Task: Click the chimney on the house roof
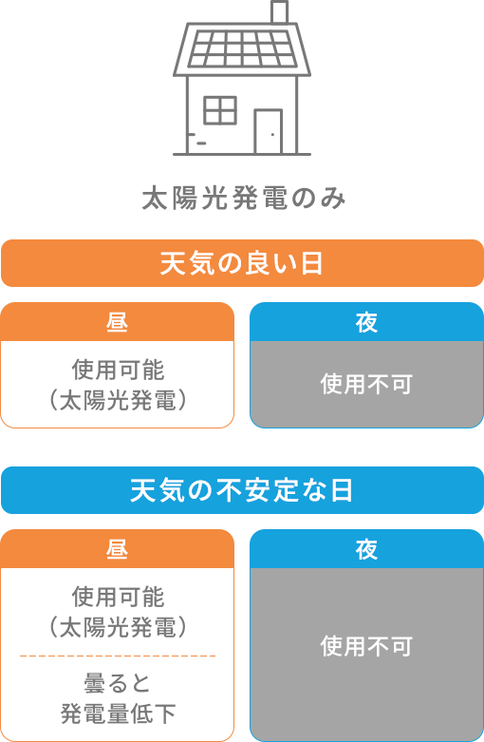tap(279, 11)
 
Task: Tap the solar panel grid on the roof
tap(243, 49)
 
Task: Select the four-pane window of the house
tap(220, 110)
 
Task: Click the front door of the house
tap(269, 131)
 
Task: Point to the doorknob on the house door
tap(272, 134)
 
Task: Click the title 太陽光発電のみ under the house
tap(244, 198)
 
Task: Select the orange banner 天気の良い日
tap(242, 263)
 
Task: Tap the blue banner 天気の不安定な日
tap(242, 490)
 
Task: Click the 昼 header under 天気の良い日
tap(118, 322)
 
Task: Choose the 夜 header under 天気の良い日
tap(366, 322)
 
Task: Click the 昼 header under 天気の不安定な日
tap(118, 549)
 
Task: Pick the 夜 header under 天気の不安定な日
tap(366, 549)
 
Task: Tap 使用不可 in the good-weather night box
tap(366, 384)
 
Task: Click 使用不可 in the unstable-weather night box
tap(366, 646)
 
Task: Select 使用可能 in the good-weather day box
tap(118, 370)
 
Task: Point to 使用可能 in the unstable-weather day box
tap(118, 597)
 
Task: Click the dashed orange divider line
tap(118, 656)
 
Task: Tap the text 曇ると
tap(118, 683)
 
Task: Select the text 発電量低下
tap(118, 713)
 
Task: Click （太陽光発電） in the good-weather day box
tap(118, 400)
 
